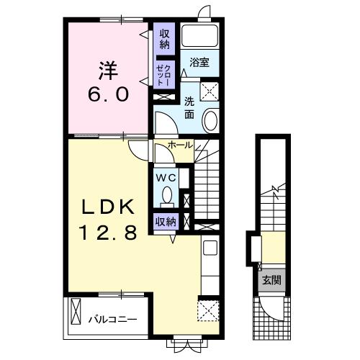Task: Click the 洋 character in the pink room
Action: tap(108, 71)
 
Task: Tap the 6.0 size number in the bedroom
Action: tap(108, 94)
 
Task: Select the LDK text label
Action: tap(108, 207)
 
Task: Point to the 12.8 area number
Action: tap(109, 233)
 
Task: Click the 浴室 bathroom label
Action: tap(199, 63)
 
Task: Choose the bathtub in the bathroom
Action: tap(199, 36)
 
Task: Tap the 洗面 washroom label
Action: tap(189, 109)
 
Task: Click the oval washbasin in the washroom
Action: tap(210, 120)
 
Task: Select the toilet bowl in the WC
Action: tap(167, 196)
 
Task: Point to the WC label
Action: tap(166, 178)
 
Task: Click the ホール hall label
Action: tap(180, 145)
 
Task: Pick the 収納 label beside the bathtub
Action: tap(164, 40)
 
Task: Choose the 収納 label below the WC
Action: tap(166, 222)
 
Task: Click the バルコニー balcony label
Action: tap(112, 320)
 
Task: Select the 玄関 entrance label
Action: tap(271, 280)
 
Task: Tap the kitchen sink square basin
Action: tap(210, 248)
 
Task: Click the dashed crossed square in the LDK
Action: tap(208, 310)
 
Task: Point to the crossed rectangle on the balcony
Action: tap(76, 311)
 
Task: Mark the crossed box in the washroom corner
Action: tap(210, 91)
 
